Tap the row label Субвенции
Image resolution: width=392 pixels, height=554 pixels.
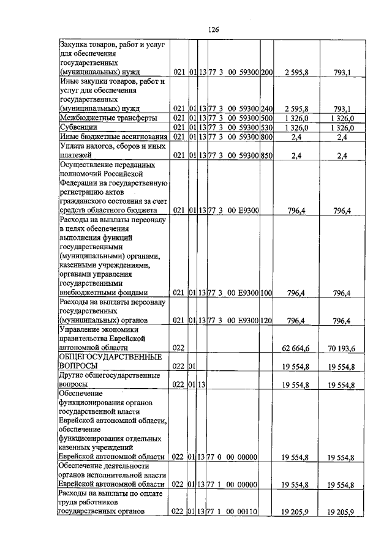[x=78, y=127]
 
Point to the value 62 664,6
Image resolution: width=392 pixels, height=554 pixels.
[x=296, y=348]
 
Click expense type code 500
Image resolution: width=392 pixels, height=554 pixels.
[x=266, y=118]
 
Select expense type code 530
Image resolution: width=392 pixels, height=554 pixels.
[x=266, y=127]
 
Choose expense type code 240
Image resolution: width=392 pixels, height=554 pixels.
[x=266, y=108]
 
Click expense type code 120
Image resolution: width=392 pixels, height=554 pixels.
[x=266, y=320]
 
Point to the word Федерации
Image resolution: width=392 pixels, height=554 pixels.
[x=80, y=182]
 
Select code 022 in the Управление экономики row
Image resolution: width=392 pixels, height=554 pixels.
[x=178, y=348]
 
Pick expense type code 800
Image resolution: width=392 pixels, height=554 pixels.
[x=266, y=137]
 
